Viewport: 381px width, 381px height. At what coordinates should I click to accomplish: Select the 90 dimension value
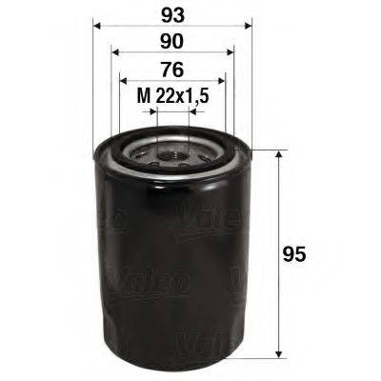click(x=172, y=41)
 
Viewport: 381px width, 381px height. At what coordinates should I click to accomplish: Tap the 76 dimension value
click(x=172, y=69)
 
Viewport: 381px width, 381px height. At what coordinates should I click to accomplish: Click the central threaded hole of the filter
click(x=172, y=150)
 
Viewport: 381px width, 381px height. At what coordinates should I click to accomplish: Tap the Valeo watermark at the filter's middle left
click(x=108, y=218)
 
